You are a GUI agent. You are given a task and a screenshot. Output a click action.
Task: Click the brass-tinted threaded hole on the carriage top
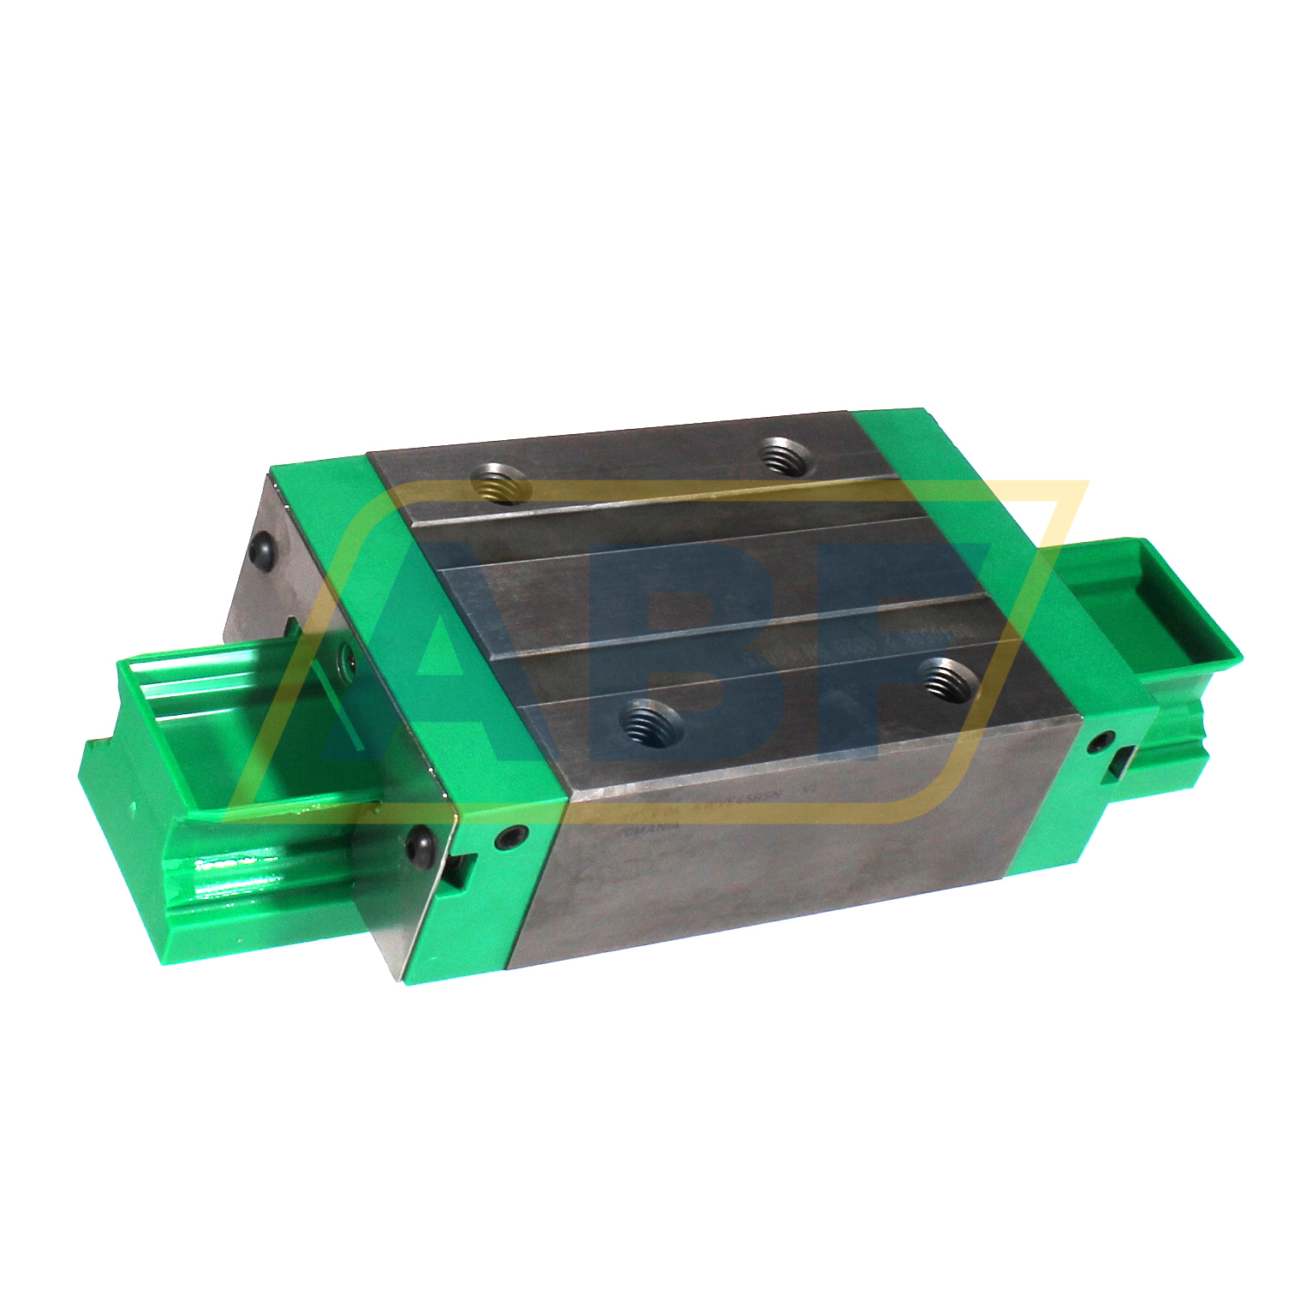coord(498,485)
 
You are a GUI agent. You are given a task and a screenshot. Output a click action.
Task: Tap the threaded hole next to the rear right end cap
coord(784,456)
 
